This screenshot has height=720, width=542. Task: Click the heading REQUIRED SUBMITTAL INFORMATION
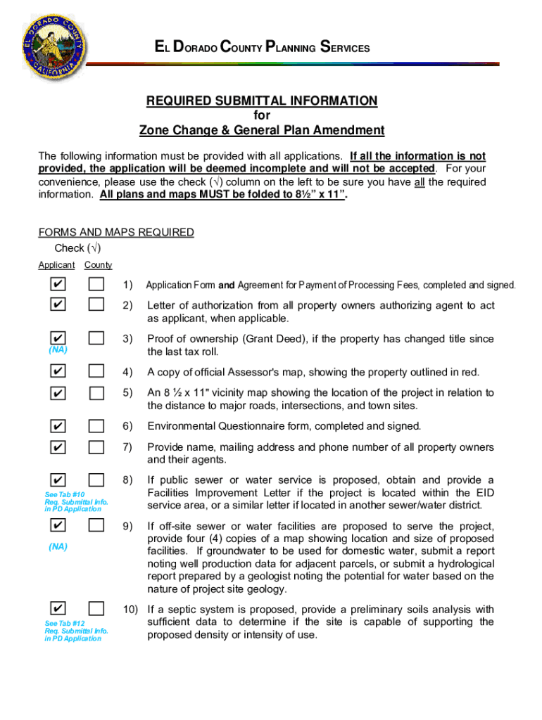tap(261, 101)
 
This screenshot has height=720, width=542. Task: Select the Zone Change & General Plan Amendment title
tap(261, 130)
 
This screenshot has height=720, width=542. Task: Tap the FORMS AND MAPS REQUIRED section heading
tap(115, 233)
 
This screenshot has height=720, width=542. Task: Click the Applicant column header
tap(56, 265)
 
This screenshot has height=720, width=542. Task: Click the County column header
tap(98, 265)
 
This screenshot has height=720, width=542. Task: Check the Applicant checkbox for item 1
tap(59, 285)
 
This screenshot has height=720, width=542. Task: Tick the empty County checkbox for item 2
tap(96, 304)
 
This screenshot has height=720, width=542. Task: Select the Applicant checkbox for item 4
tap(59, 371)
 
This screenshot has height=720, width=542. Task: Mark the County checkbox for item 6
tap(96, 425)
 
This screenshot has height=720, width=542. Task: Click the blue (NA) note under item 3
tap(58, 349)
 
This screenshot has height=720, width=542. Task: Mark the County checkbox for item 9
tap(96, 526)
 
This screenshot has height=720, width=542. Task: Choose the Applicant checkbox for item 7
tap(59, 447)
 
